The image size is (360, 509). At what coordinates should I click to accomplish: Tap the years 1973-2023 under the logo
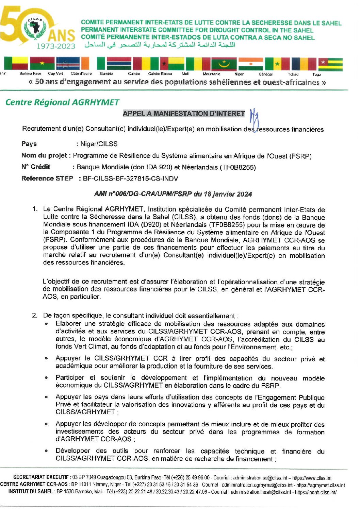coord(56,46)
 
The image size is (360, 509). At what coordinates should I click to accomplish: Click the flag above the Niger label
coord(250,64)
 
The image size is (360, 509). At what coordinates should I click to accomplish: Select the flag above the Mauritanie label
coord(224,64)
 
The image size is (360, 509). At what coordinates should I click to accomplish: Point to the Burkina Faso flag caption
coord(30,73)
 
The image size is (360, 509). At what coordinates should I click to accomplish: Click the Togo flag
coord(330,64)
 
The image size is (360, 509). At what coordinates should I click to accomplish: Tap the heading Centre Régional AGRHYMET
coord(62,102)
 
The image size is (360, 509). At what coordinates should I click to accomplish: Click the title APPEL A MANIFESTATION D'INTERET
coord(184,114)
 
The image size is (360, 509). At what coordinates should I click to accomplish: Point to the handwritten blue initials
coord(254,119)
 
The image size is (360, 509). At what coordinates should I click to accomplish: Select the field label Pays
coord(29,144)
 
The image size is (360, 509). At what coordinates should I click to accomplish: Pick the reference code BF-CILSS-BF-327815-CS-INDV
coord(130,179)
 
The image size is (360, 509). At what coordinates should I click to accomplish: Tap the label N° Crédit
coord(36,167)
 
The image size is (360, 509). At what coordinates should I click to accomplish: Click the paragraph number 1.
coord(35,209)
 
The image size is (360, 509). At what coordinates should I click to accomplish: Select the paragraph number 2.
coord(35,316)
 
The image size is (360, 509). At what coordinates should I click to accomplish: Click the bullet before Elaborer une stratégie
coord(46,324)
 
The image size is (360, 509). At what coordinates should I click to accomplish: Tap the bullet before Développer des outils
coord(46,451)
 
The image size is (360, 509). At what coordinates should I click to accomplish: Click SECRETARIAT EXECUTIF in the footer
coord(41,477)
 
